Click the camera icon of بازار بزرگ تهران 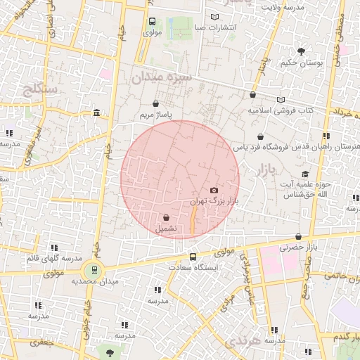214,191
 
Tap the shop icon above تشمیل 166,218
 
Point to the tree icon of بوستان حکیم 302,51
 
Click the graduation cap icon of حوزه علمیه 305,174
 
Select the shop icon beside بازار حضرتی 300,237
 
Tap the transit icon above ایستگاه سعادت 193,257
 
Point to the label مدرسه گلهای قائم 53,259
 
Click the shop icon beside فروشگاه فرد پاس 261,136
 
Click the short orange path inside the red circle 193,219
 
